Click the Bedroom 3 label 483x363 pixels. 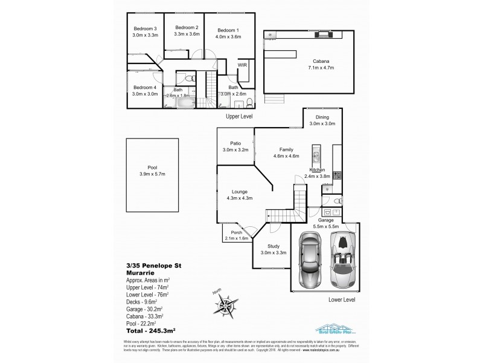coord(144,28)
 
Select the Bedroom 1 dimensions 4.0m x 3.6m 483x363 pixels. coord(229,37)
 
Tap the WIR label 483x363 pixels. coord(243,65)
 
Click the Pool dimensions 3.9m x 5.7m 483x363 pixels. coord(152,175)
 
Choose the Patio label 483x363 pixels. coord(235,143)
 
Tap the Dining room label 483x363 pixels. coord(322,117)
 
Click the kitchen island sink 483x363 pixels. coord(315,151)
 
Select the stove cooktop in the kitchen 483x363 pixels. coord(336,176)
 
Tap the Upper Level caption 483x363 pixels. coord(238,116)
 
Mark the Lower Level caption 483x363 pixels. coord(341,298)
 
